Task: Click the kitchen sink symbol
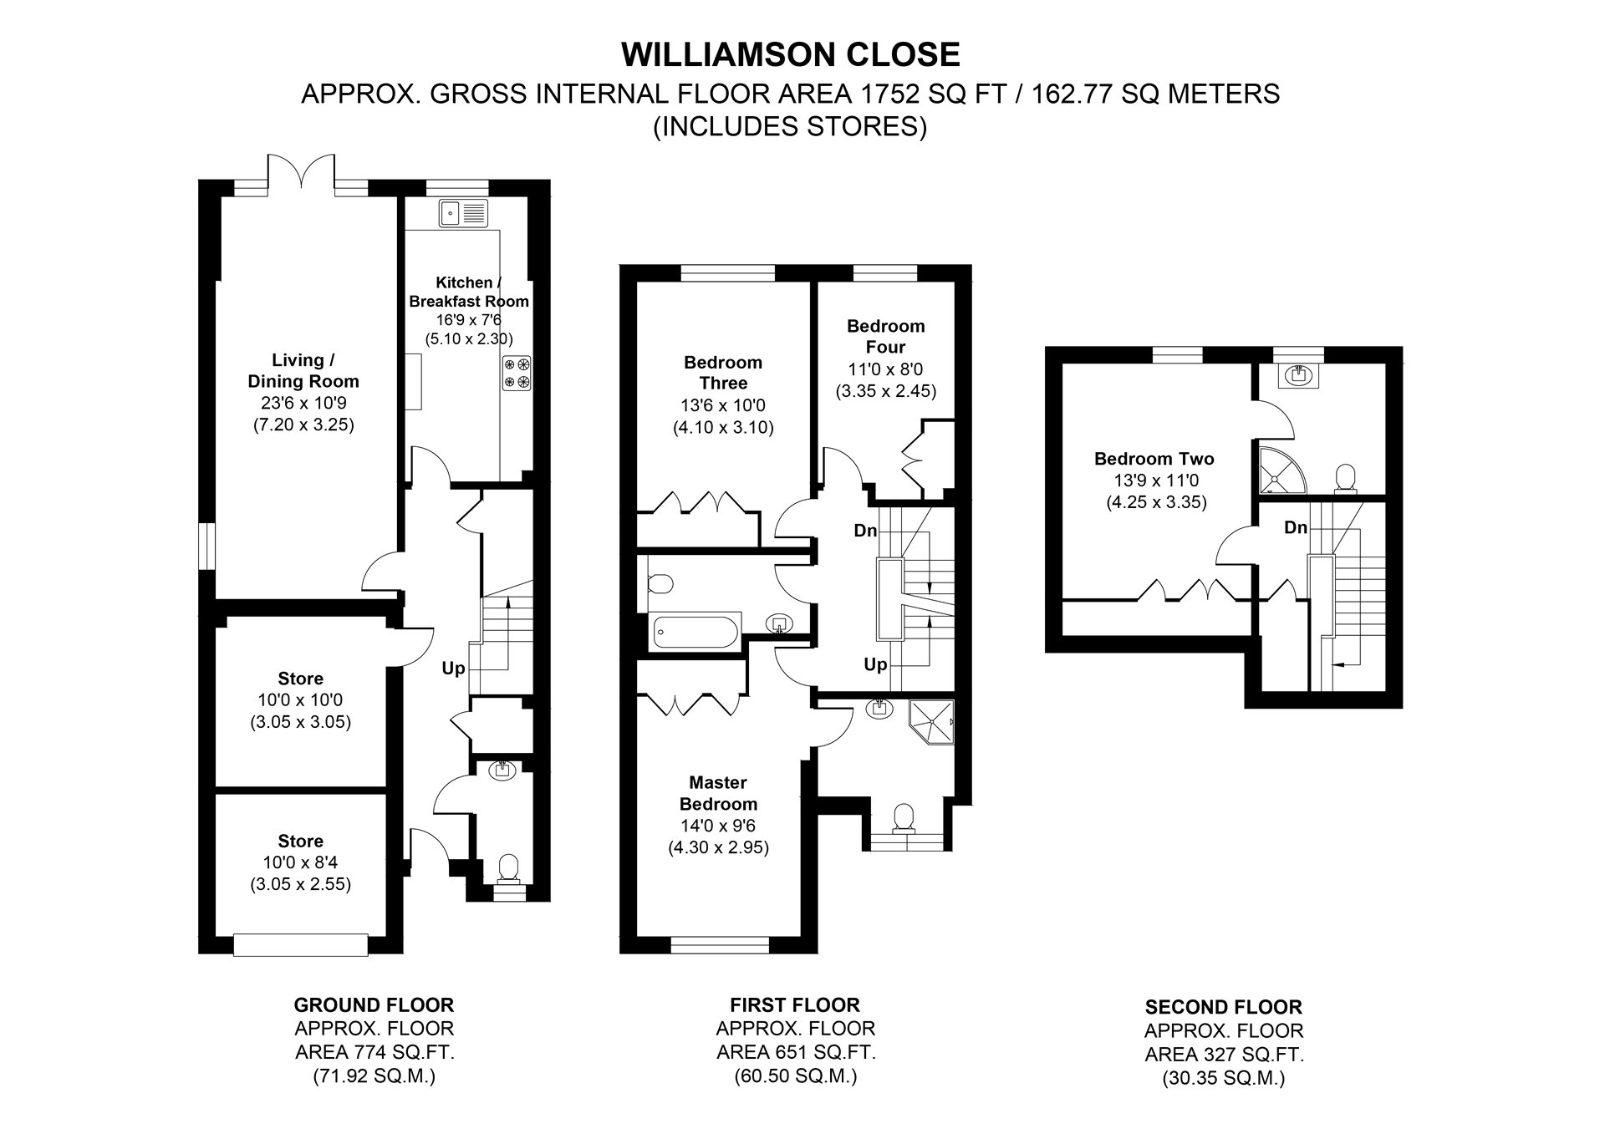pos(463,213)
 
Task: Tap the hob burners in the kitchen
pos(517,373)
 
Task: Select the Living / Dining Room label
pos(303,370)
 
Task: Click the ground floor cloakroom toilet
pos(507,870)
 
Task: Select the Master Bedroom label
pos(718,793)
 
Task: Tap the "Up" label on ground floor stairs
pos(453,669)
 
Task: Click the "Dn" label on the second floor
pos(1296,527)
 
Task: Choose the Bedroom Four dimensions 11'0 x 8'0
pos(886,369)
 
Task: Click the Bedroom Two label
pos(1154,458)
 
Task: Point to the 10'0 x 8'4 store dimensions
pos(300,862)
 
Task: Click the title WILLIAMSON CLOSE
pos(791,54)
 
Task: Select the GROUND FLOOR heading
pos(374,1004)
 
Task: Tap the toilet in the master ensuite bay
pos(904,818)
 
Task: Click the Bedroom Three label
pos(723,373)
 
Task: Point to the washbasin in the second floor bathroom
pos(1298,375)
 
